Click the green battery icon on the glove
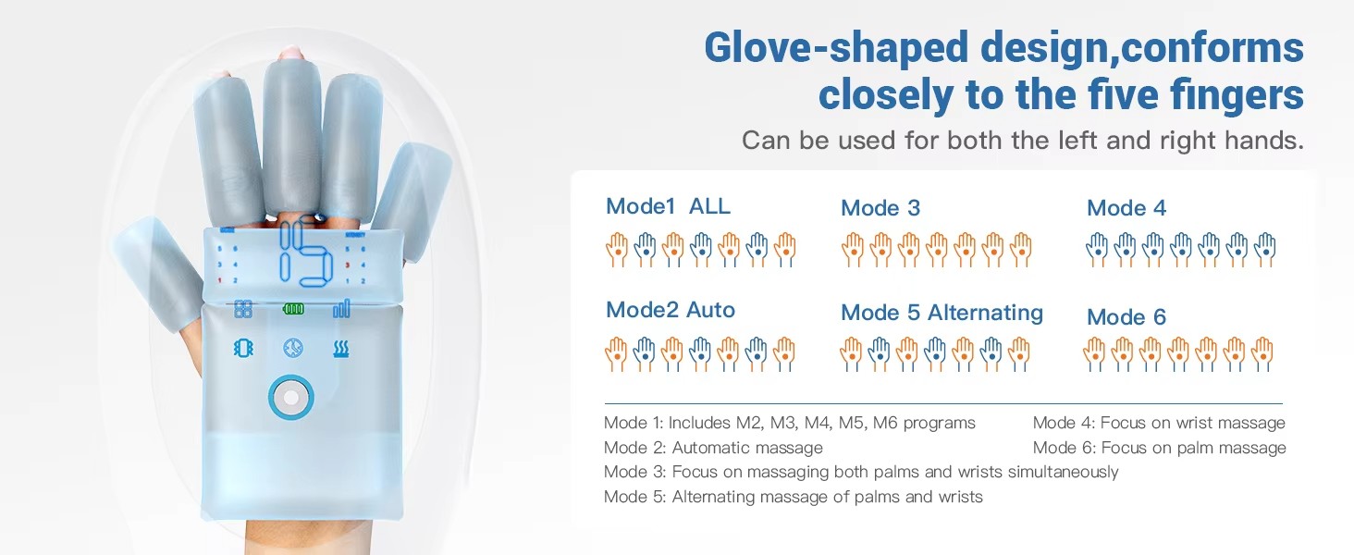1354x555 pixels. [294, 310]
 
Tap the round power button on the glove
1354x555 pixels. [290, 397]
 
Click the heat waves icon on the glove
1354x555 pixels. [341, 349]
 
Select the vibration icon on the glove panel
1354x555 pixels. [243, 348]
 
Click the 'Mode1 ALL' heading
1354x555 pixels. [668, 206]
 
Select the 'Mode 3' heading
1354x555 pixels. [880, 208]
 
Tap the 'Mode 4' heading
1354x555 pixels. [1126, 208]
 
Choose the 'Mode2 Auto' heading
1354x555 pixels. [671, 310]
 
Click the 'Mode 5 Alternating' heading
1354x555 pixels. [942, 313]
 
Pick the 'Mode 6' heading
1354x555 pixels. [1126, 316]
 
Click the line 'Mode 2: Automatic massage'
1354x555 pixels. [713, 448]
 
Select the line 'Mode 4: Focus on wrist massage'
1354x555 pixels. [1159, 423]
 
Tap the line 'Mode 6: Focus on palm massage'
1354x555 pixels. [1160, 448]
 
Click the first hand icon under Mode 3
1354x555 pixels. [853, 250]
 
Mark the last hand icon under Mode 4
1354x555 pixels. [1264, 250]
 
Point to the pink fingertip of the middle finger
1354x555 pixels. [292, 53]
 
